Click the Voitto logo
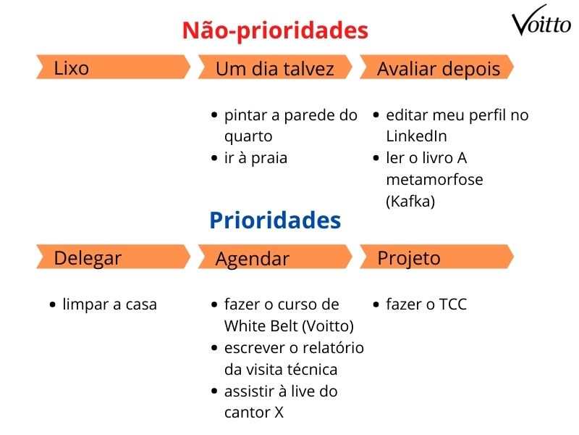tap(541, 24)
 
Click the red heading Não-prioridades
tap(275, 30)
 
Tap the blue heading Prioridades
tap(275, 220)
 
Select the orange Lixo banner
tap(112, 68)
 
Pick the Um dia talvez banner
tap(275, 69)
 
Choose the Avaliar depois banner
tap(438, 69)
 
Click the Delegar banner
tap(112, 257)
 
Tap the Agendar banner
tap(275, 258)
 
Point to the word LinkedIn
tap(416, 136)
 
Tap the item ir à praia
tap(255, 158)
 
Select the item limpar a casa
tap(109, 304)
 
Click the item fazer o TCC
tap(426, 304)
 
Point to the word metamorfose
tap(434, 180)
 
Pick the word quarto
tap(248, 136)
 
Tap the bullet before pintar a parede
tap(214, 115)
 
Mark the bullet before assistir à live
tap(214, 391)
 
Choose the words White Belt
tap(258, 326)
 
